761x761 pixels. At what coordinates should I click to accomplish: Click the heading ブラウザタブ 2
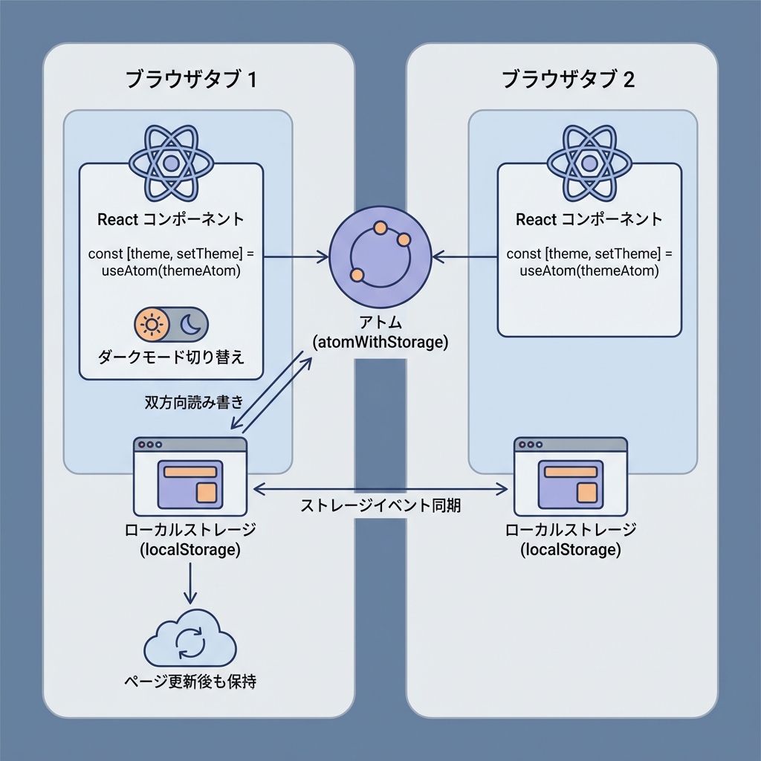coord(569,80)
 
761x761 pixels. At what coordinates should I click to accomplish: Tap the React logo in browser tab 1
coord(172,162)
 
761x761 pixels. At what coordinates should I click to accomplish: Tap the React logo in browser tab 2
coord(589,162)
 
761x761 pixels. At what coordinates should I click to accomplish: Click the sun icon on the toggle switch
coord(152,325)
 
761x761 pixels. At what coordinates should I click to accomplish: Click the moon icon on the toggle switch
coord(190,325)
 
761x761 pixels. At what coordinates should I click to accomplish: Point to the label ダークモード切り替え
coord(171,357)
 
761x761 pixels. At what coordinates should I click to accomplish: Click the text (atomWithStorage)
coord(380,343)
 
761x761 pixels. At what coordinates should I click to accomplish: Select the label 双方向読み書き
coord(193,402)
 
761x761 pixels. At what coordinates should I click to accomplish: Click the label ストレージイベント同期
coord(380,506)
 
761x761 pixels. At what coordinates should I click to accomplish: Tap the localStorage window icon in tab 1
coord(190,476)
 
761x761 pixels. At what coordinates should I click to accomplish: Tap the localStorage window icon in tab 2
coord(570,476)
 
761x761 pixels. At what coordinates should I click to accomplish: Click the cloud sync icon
coord(190,640)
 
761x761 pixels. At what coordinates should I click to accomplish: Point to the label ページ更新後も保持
coord(190,681)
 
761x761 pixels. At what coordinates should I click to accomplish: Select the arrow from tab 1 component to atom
coord(296,257)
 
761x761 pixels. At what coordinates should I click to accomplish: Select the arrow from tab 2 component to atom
coord(465,257)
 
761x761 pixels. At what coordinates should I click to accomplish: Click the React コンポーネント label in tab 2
coord(589,220)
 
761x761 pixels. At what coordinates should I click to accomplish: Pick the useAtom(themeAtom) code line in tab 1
coord(172,271)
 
